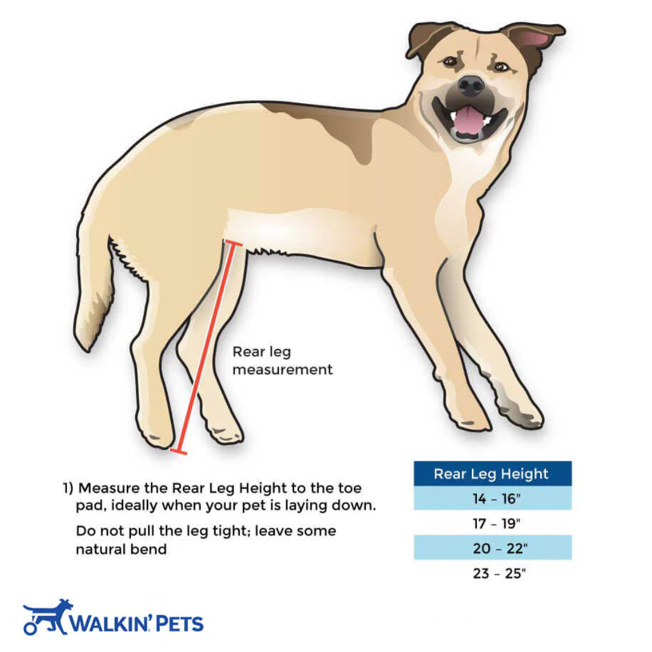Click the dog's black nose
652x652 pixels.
pos(471,85)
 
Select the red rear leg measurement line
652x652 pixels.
pos(205,348)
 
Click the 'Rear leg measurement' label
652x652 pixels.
pos(283,360)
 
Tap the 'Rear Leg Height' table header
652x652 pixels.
pos(493,474)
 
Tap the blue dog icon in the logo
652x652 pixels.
pos(48,617)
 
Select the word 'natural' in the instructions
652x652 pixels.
pos(100,549)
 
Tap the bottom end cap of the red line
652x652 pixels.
pos(178,451)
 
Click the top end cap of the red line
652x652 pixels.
pos(234,244)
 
